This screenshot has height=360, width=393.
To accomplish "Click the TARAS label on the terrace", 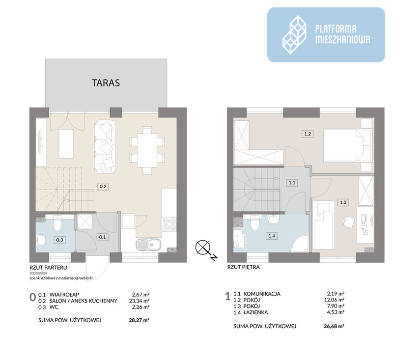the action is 106,83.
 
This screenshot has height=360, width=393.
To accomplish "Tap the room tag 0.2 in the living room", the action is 103,187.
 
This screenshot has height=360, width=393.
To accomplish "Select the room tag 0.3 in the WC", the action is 59,240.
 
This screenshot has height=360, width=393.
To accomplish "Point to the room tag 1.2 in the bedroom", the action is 308,134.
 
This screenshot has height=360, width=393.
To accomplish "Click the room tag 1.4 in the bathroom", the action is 272,236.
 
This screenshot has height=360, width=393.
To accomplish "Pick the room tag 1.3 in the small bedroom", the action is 343,202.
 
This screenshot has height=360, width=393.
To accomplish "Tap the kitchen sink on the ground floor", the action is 149,245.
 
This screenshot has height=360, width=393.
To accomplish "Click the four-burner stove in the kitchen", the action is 169,224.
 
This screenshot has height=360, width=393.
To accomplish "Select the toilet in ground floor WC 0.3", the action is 57,222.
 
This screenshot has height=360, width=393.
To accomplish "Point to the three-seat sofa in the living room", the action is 105,147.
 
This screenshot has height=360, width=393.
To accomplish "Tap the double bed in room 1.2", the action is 347,145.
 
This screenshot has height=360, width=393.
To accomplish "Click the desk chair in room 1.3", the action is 348,222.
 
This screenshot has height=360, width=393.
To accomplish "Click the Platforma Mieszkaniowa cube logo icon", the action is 294,35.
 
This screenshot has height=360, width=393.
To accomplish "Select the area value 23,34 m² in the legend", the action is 139,301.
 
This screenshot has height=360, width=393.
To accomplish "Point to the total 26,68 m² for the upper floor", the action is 334,326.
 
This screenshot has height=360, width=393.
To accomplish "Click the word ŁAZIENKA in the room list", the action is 255,312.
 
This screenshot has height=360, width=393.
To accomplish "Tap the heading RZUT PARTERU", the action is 48,268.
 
